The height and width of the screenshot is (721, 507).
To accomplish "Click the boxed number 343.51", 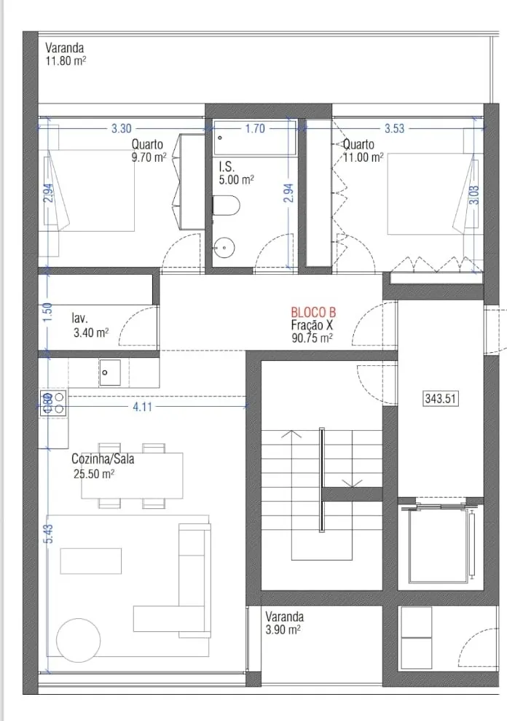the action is (x=440, y=398).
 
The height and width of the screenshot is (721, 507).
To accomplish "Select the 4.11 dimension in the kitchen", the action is (x=143, y=407).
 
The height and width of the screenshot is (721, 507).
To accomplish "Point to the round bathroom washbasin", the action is (x=224, y=248).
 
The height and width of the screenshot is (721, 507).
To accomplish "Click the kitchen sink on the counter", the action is (x=109, y=373).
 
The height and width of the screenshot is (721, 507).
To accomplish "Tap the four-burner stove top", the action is (x=54, y=403).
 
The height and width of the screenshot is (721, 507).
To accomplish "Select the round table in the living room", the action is (x=78, y=640).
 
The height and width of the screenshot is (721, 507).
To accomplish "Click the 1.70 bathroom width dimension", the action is (x=255, y=128).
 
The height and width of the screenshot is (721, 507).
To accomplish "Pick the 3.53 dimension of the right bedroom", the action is (x=394, y=128).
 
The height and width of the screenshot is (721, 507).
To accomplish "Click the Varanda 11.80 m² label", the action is (x=66, y=54).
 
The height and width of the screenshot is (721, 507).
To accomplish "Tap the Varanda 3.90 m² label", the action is (x=284, y=623).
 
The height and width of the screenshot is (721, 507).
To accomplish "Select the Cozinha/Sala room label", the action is (x=103, y=459).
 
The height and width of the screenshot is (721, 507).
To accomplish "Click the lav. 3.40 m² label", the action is (x=90, y=326).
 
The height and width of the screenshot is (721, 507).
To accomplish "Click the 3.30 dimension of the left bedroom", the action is (x=122, y=128).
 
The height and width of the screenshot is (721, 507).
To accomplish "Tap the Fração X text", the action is (x=312, y=325).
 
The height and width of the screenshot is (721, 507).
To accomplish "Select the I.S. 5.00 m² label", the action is (x=236, y=174).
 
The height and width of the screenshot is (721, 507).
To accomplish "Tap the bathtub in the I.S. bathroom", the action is (x=255, y=137).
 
